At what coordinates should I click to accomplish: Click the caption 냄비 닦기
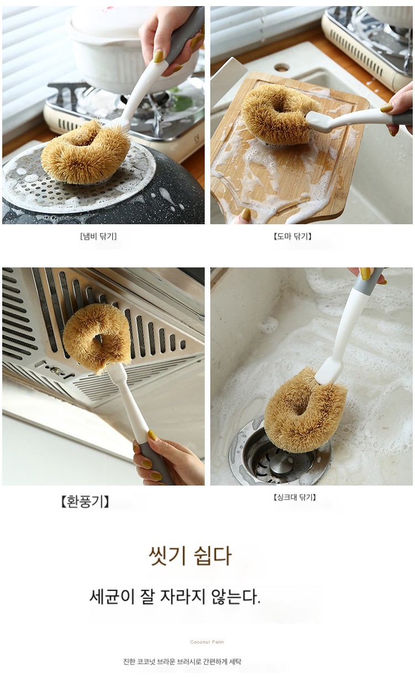(x=98, y=236)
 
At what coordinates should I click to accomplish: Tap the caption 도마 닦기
(x=293, y=236)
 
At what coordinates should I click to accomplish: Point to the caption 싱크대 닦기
(x=294, y=497)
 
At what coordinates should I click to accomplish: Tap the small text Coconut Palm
(x=207, y=642)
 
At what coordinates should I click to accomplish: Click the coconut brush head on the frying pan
(x=86, y=152)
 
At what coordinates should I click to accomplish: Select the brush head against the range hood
(x=97, y=338)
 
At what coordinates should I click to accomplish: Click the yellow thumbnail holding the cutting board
(x=246, y=214)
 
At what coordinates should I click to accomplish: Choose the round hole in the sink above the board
(x=282, y=67)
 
